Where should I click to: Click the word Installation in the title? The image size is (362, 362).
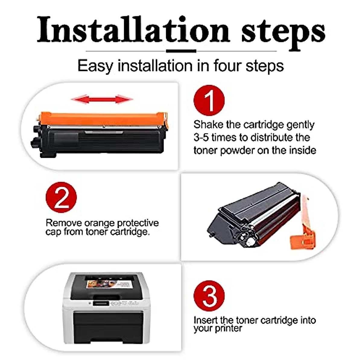(133, 30)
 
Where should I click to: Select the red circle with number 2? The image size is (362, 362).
(61, 197)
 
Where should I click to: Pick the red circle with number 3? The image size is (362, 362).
(209, 296)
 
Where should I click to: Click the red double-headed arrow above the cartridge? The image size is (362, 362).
(102, 99)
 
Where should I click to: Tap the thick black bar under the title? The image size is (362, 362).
(181, 51)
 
